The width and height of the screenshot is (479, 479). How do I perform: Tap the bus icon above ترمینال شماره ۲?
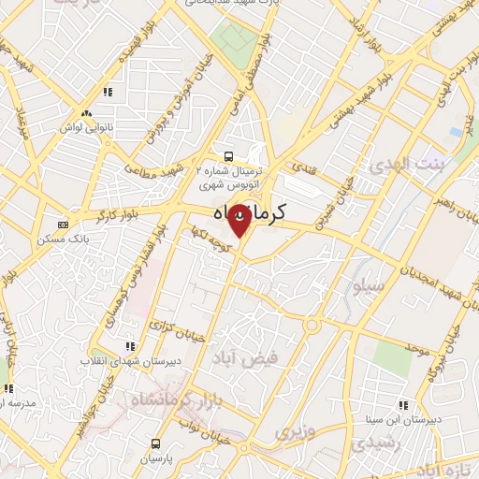coord(227,156)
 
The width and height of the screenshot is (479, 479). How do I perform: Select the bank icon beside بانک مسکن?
coord(63,225)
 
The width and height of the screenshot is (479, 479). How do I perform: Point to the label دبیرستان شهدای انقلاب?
coord(96,360)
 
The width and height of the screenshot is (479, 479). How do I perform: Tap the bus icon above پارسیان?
coord(155,443)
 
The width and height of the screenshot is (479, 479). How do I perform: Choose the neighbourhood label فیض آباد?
coord(260,358)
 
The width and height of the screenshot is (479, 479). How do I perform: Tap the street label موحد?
coord(417,348)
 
